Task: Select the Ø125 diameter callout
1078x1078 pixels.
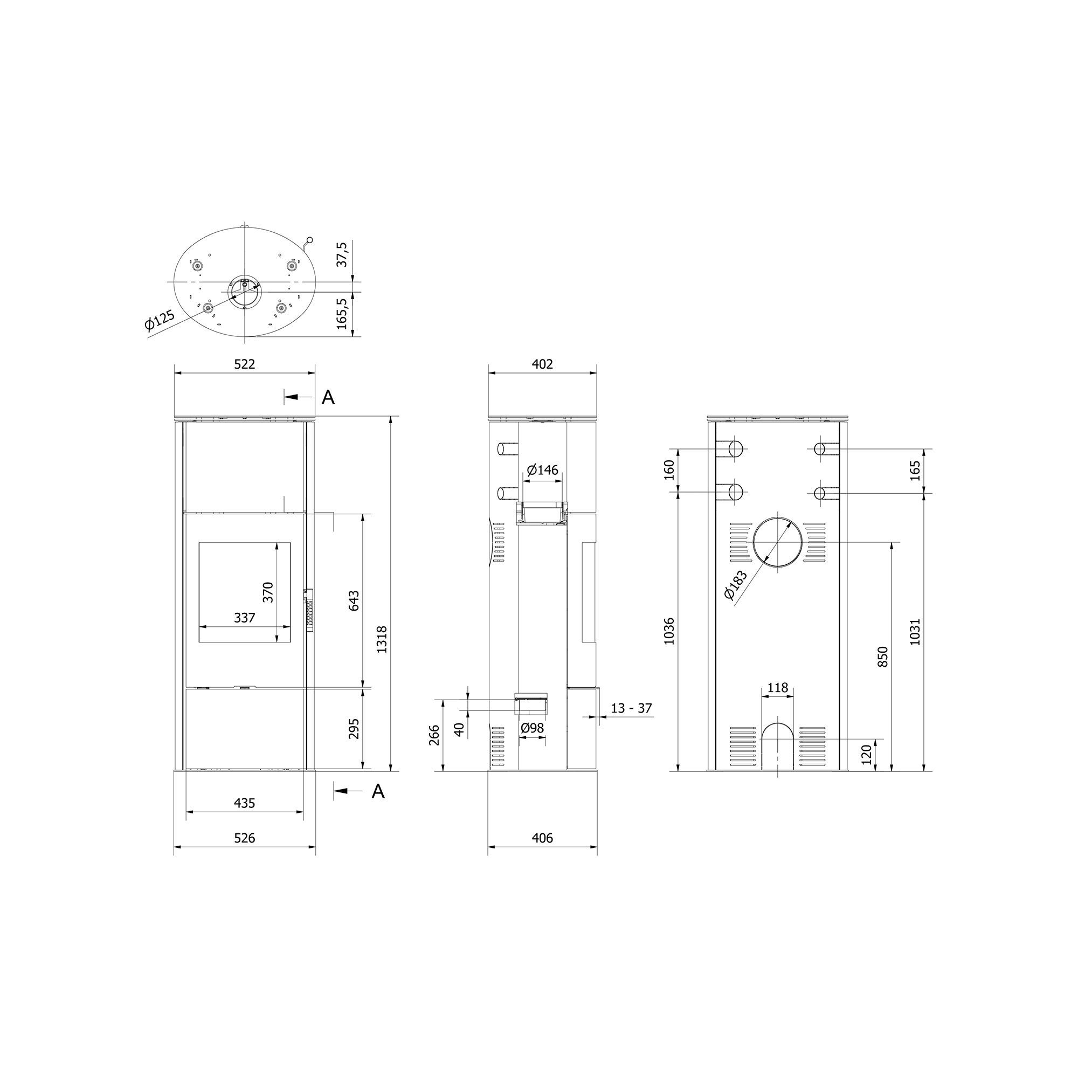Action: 160,321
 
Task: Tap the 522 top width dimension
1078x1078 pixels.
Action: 244,364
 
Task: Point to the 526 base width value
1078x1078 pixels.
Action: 244,854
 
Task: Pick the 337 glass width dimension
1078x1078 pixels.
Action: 244,618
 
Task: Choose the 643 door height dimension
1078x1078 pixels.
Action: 354,600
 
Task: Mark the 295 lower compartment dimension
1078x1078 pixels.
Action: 354,729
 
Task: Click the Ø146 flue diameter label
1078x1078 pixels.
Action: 542,470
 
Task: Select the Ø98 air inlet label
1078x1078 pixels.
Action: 532,728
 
